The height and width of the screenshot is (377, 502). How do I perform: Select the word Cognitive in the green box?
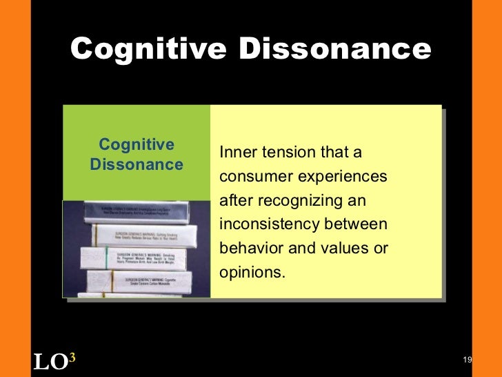137,144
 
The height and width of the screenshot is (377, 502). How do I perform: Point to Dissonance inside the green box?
137,164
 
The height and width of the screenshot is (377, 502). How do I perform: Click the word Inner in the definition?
236,153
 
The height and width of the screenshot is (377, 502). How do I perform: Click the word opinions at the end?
251,272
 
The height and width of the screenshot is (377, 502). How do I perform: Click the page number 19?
467,360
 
